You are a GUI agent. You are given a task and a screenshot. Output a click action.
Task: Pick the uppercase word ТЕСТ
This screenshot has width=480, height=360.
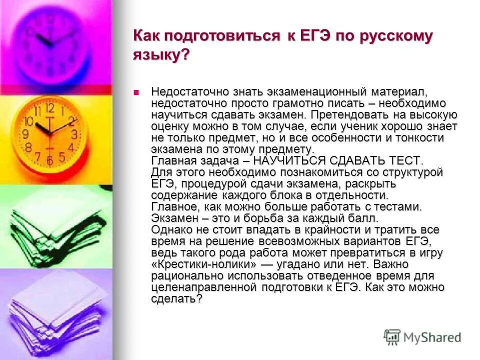pos(402,160)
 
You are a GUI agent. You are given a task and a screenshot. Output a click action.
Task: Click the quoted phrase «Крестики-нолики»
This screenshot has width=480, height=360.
pos(204,264)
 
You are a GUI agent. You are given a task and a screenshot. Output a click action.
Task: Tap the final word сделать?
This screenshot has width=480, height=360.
pos(176,299)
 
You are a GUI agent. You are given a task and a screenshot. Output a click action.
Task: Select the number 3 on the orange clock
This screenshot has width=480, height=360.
pos(73,134)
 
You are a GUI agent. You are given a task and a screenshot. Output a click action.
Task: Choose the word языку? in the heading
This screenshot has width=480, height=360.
pos(161,55)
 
